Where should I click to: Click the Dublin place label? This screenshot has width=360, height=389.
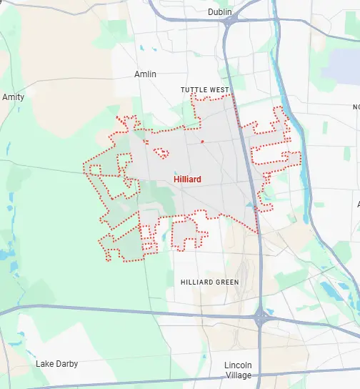coord(221,13)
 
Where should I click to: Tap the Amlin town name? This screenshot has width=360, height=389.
coord(145,74)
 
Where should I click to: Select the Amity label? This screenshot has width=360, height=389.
coord(13,97)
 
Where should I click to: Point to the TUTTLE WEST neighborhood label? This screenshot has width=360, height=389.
coord(204,90)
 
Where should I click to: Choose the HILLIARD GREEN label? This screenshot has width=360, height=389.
coord(209,282)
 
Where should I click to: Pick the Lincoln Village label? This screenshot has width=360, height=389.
coord(239,370)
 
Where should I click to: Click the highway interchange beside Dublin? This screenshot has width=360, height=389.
coord(231,22)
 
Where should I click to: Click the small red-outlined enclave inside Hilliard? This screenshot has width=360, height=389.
coord(161,152)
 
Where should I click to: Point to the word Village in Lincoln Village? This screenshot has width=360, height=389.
coord(239,375)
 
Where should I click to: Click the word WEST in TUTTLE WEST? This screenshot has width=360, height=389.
coord(218,90)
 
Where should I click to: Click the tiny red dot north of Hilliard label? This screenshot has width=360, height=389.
coord(202,142)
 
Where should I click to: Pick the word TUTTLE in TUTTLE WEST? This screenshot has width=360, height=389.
coord(194,90)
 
